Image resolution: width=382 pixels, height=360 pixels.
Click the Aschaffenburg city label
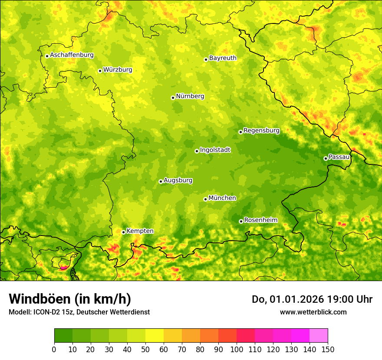(72, 55)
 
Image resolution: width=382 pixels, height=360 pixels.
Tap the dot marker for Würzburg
(100, 71)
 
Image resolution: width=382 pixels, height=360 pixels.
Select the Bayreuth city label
(223, 58)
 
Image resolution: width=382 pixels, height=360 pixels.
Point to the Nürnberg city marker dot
(173, 98)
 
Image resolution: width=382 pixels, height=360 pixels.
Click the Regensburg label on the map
(261, 131)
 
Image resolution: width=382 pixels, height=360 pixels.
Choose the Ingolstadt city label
(215, 150)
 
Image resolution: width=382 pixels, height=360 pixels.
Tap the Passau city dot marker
(326, 158)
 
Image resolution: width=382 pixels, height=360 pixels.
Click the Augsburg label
(178, 180)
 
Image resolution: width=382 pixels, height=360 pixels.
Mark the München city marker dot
(205, 199)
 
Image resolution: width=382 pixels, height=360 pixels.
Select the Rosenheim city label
(260, 220)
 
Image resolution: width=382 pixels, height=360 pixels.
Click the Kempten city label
(140, 231)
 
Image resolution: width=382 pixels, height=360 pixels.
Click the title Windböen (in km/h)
(70, 299)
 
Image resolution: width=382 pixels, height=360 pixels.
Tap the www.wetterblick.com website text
(313, 312)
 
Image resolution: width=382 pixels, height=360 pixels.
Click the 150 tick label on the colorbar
(328, 350)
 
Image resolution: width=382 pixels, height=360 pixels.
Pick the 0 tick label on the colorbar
(54, 350)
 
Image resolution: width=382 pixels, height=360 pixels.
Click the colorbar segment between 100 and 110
(246, 336)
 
